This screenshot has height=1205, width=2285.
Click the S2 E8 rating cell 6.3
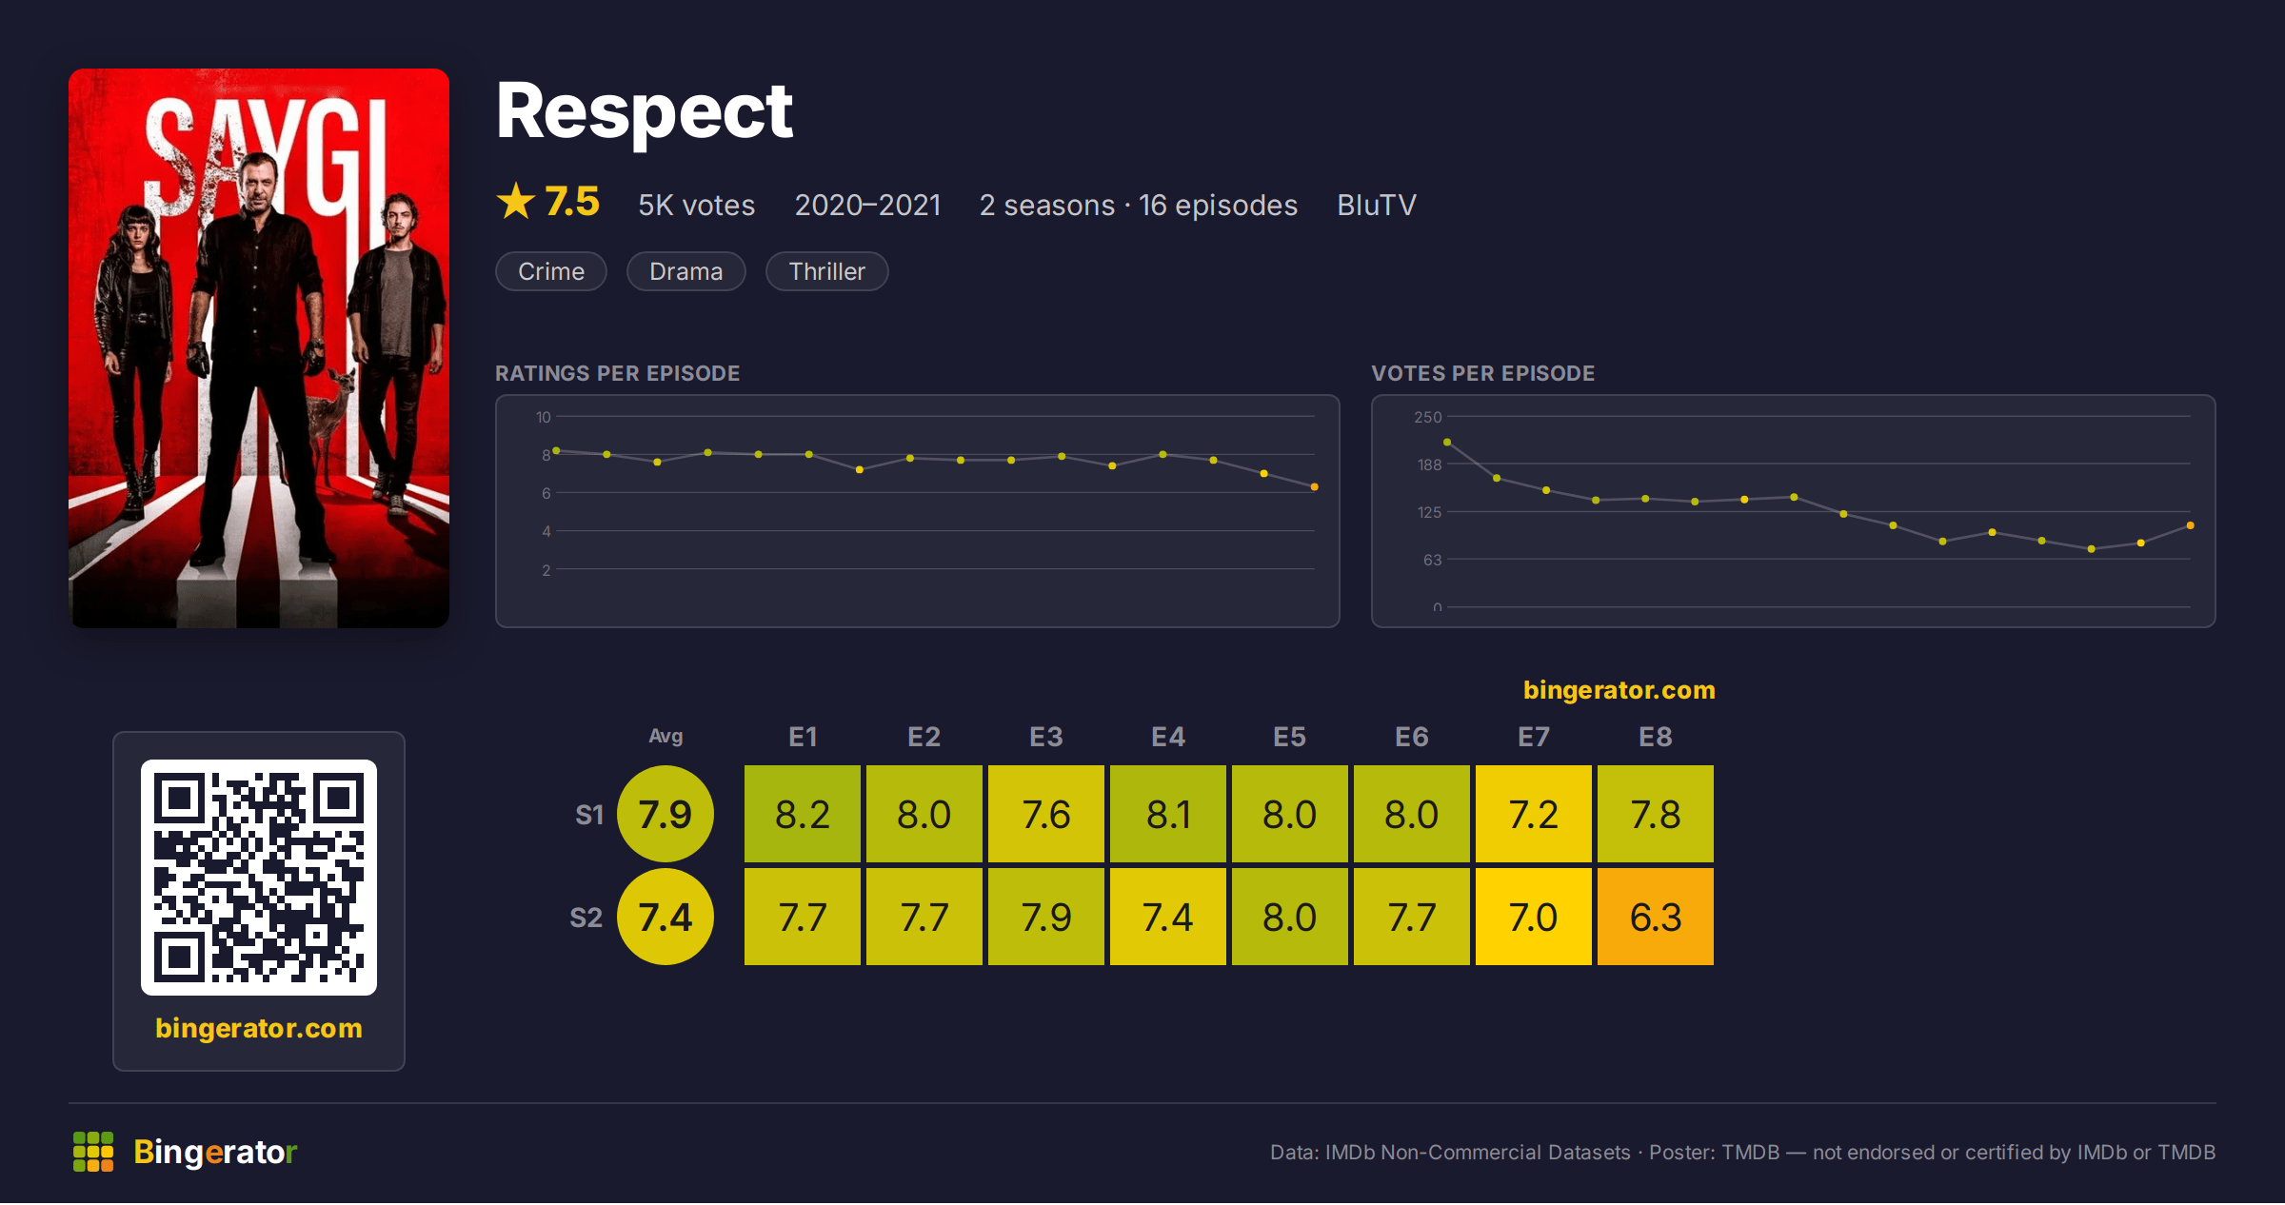click(1656, 917)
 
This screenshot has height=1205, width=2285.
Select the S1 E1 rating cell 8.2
click(803, 814)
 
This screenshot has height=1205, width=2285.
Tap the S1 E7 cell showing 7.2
click(1534, 814)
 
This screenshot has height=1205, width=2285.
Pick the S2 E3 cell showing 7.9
click(1046, 917)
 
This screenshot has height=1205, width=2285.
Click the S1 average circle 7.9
click(666, 814)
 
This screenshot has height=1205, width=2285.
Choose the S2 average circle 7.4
click(666, 917)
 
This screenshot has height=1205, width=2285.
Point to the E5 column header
click(1290, 737)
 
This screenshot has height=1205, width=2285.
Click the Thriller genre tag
click(827, 271)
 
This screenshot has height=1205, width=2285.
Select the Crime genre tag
click(551, 271)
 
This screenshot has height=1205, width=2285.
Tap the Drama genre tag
click(686, 271)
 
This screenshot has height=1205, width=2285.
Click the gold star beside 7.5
click(516, 201)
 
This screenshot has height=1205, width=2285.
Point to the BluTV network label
click(1377, 205)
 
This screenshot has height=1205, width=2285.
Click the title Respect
click(645, 111)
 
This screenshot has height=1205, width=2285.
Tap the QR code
click(259, 878)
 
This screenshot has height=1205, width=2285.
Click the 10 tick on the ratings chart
click(544, 417)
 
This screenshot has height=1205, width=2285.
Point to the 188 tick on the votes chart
click(1430, 464)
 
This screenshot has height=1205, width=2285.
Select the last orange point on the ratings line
click(1315, 487)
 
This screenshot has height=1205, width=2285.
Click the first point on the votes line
click(1447, 442)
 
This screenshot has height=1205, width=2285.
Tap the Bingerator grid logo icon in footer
click(93, 1152)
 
